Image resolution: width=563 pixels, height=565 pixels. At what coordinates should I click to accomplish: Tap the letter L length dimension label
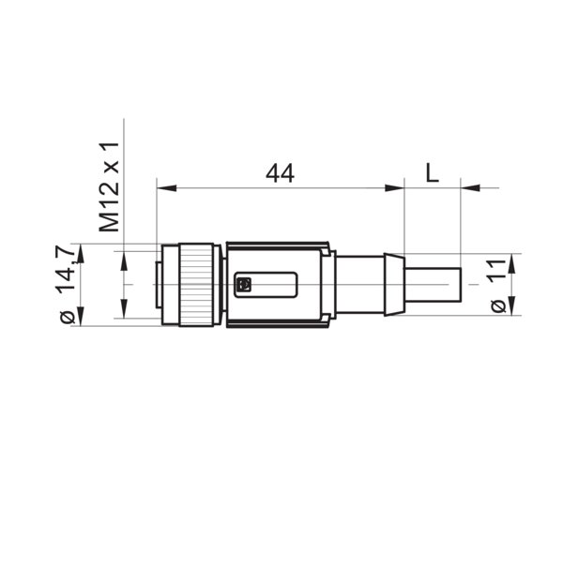click(432, 172)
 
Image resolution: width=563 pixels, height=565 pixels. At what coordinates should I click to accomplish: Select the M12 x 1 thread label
click(111, 187)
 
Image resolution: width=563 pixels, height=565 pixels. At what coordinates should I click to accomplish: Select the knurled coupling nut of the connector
click(198, 284)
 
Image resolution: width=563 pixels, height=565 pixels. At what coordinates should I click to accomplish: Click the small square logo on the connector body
click(243, 285)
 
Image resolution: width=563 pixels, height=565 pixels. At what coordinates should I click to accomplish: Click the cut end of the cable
click(460, 285)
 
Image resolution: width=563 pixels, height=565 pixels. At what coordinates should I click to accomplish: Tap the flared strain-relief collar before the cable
click(394, 284)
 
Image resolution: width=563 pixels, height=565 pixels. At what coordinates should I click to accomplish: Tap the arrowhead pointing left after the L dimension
click(469, 188)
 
